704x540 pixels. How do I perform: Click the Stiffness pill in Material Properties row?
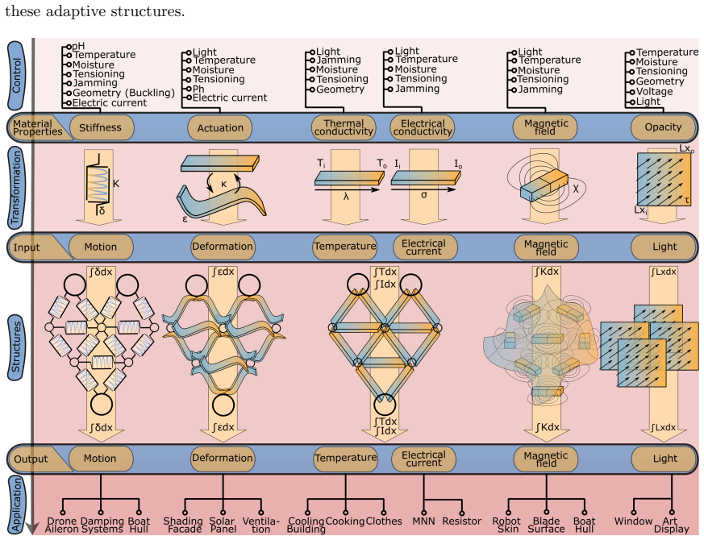101,127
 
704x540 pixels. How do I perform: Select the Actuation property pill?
220,128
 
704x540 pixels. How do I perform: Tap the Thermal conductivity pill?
344,127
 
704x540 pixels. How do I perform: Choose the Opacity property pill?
663,127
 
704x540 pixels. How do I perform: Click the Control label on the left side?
16,76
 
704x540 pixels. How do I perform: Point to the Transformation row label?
16,188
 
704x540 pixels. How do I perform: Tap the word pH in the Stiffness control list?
78,46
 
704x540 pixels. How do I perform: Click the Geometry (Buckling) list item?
123,93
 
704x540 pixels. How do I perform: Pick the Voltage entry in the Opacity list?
654,92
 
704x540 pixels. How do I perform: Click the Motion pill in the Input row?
101,247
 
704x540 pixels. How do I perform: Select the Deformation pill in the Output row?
223,459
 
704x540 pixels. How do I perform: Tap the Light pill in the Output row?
665,459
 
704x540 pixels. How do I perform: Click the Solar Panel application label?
222,525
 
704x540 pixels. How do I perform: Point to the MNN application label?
423,521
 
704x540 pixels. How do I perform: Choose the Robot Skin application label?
506,525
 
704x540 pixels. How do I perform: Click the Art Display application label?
671,525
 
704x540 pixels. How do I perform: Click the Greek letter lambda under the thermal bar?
346,196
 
